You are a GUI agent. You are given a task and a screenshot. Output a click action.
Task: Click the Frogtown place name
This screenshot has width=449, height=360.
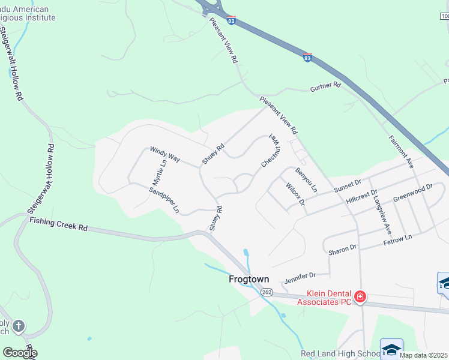tap(249, 280)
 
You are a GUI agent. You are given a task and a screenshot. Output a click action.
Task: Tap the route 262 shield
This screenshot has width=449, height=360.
tap(267, 292)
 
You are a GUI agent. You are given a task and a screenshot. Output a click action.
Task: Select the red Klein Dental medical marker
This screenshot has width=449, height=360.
tap(360, 296)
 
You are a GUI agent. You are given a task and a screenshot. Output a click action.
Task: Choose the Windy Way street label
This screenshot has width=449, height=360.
tap(165, 154)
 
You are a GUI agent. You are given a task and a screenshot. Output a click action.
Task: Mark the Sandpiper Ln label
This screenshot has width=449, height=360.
tap(164, 200)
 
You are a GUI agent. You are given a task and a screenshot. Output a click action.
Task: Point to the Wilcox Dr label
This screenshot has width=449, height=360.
tap(296, 194)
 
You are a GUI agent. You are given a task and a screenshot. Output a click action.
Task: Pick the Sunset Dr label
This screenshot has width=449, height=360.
tap(347, 185)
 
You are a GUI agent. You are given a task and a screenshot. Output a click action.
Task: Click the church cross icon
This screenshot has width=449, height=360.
tap(19, 326)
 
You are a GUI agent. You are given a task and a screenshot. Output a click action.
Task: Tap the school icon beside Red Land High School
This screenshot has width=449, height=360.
tap(391, 349)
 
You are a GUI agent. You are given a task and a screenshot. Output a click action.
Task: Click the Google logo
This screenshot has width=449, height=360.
tap(19, 353)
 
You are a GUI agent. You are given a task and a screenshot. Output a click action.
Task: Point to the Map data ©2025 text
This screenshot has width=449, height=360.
tap(424, 355)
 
